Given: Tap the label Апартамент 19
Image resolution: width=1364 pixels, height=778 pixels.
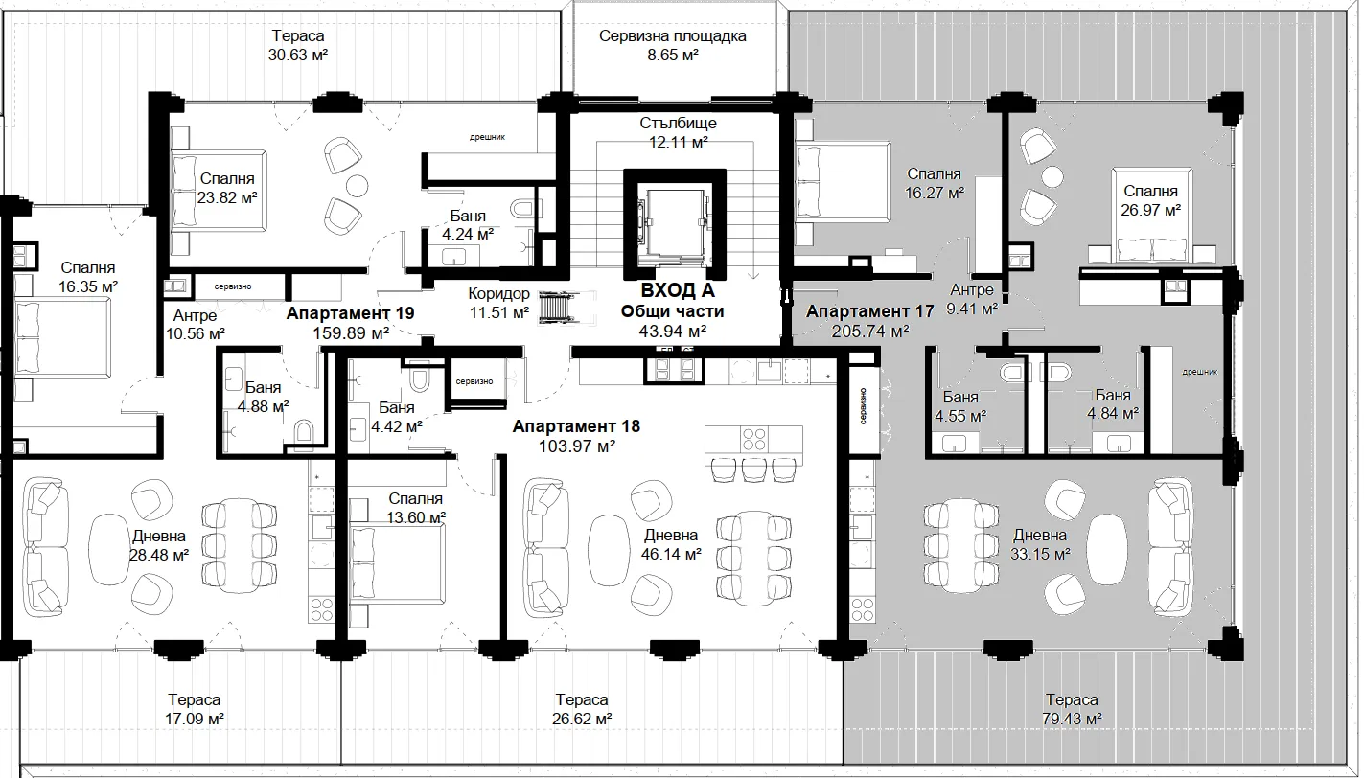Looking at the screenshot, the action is tap(350, 313).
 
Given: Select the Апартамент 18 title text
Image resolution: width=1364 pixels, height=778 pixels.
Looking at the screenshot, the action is tap(576, 426).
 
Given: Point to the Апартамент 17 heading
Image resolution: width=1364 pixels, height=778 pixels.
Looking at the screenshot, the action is tap(869, 311).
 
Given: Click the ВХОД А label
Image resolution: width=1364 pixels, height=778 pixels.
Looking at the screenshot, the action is tap(677, 290).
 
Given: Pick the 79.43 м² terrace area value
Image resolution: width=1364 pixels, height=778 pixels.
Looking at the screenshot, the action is tap(1072, 719).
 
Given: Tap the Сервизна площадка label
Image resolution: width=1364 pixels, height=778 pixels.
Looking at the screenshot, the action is tap(672, 35).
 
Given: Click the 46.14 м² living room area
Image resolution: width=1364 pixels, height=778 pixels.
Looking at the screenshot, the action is tap(671, 554).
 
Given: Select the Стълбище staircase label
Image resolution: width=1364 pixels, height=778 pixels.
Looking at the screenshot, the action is tap(678, 123).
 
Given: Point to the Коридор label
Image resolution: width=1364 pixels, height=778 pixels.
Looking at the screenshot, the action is tap(498, 294).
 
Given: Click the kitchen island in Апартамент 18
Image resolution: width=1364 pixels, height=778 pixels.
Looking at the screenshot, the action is tap(753, 438).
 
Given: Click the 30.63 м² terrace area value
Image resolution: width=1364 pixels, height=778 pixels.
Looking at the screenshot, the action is tap(298, 56).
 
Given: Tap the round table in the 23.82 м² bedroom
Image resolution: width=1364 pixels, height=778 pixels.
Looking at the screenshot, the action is tap(357, 186).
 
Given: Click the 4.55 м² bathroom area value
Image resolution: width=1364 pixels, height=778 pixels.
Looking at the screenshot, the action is tap(960, 417).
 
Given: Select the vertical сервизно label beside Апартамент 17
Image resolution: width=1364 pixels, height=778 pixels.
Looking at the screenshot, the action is tap(864, 406).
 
